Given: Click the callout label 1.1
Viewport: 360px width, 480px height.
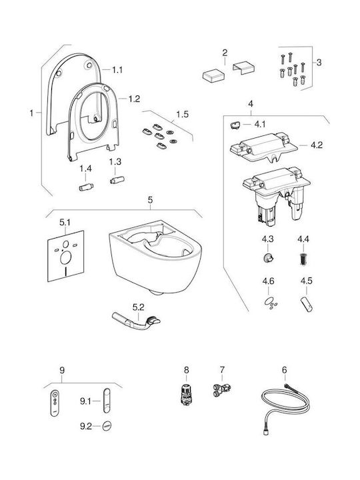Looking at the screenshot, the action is [117, 70].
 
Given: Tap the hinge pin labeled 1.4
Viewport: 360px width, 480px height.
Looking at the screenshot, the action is [86, 187].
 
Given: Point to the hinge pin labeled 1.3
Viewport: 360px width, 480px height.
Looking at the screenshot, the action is [117, 180].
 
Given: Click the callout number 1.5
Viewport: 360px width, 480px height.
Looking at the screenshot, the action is [182, 114].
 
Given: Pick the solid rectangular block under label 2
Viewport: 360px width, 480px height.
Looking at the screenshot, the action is [213, 75].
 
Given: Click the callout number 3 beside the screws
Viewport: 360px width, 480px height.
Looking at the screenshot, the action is [319, 63].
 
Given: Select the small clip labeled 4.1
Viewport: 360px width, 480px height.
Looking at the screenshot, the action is [235, 125].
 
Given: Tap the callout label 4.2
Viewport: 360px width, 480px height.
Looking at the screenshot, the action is [317, 145].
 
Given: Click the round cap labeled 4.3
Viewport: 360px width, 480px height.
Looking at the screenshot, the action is [268, 258].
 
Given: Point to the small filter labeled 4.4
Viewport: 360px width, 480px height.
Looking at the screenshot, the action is [303, 259].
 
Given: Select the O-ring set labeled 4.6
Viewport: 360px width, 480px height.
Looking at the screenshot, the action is [270, 303].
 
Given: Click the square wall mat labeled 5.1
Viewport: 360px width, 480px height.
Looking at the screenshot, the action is [66, 256].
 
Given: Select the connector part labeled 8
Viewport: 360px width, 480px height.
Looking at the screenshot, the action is [185, 395].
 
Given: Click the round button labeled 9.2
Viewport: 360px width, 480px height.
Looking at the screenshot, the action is [107, 426].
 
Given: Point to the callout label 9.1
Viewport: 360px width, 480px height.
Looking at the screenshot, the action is [85, 401].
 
